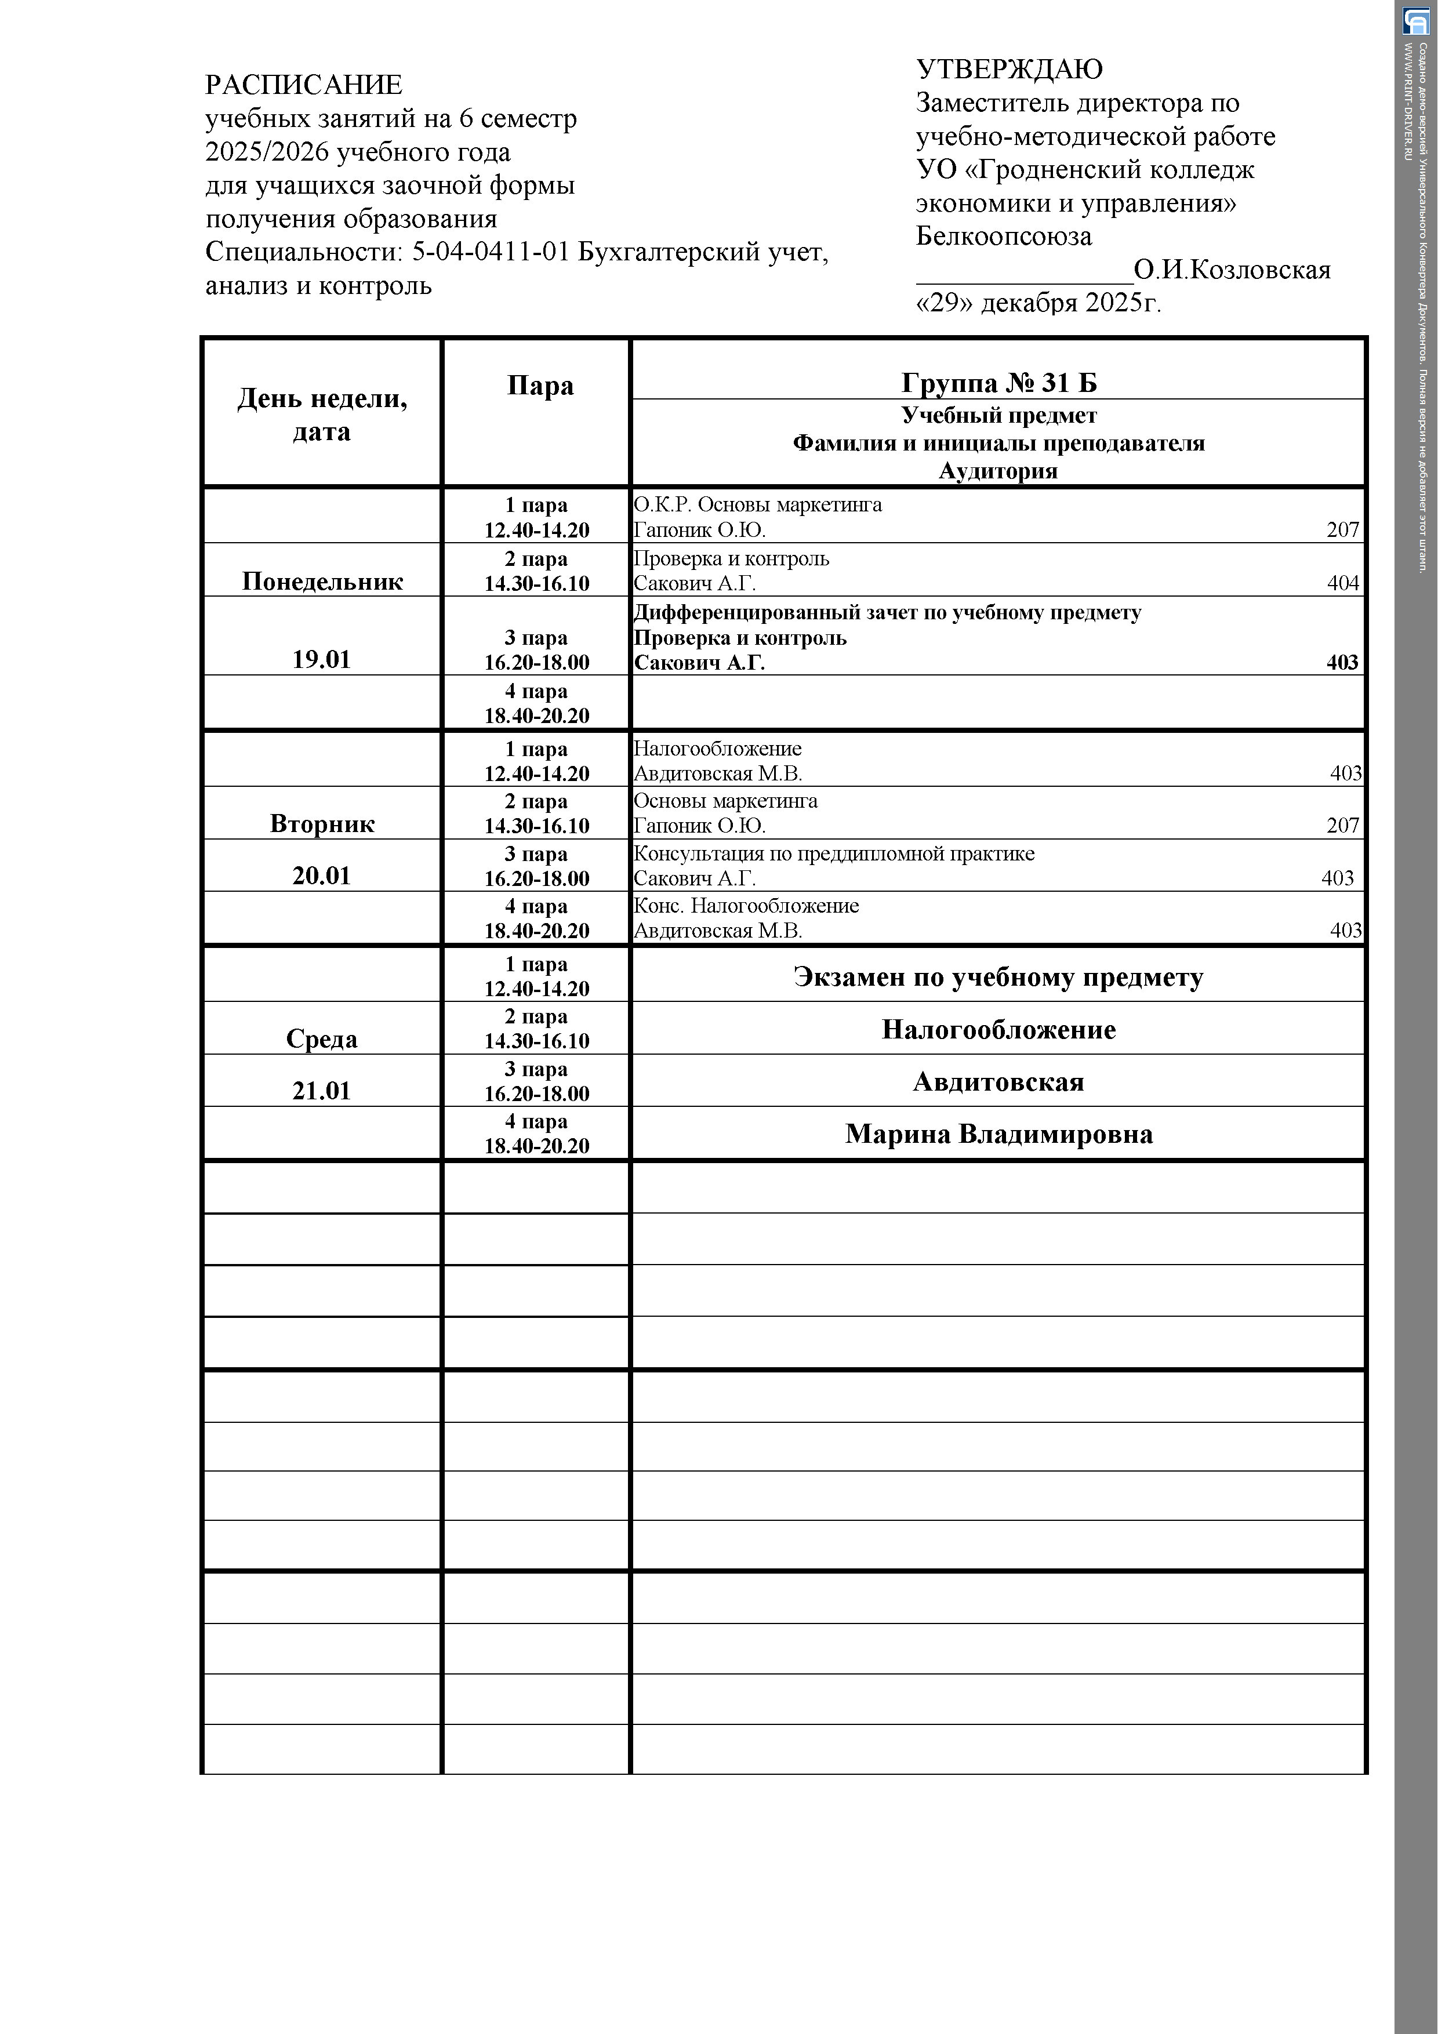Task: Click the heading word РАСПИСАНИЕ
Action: point(303,85)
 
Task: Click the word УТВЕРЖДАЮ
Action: point(1008,69)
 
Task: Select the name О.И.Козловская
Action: point(1232,269)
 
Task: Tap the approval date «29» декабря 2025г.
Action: point(1037,303)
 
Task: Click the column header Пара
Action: point(540,386)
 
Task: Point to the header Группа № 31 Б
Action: point(998,383)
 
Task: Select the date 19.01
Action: point(322,659)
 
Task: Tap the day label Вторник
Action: point(322,824)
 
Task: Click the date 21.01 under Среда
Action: point(322,1091)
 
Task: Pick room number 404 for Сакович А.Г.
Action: point(1342,583)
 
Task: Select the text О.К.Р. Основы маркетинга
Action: point(757,505)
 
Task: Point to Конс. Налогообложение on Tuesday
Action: point(746,906)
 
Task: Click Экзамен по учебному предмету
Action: point(998,977)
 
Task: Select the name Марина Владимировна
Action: point(998,1134)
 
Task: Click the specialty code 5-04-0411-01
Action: point(490,252)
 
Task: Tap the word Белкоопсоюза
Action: point(1003,237)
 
